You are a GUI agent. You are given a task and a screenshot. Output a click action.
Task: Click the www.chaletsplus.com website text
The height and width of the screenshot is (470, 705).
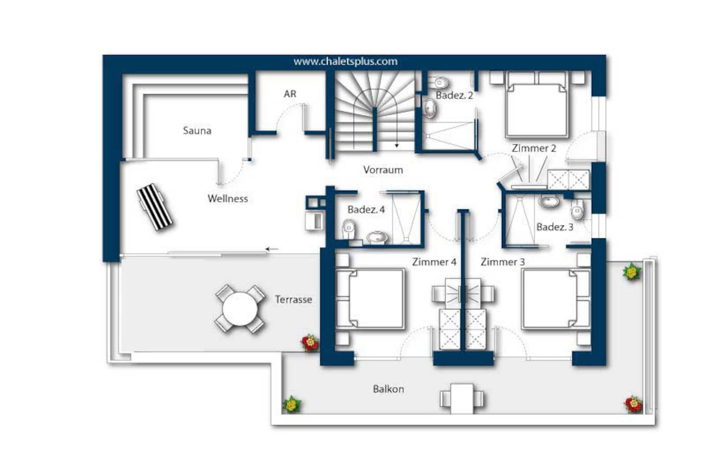[345, 62]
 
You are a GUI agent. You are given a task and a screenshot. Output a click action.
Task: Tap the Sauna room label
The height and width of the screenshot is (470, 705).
[197, 130]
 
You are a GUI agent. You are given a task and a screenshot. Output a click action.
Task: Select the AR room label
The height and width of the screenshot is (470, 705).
[290, 94]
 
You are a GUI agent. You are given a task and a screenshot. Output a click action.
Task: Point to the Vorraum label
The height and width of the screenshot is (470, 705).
[383, 170]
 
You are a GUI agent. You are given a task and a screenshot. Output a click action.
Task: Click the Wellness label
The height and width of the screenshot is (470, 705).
[228, 199]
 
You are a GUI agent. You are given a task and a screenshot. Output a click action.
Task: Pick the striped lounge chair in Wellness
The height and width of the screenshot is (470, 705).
[155, 207]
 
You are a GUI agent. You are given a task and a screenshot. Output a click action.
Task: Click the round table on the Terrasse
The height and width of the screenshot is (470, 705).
[240, 309]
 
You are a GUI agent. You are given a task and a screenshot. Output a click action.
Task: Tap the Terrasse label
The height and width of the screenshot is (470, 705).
[293, 300]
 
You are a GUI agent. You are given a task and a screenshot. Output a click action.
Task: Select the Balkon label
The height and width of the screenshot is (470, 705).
[388, 389]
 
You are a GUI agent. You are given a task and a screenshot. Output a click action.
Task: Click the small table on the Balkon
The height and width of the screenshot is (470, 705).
[462, 399]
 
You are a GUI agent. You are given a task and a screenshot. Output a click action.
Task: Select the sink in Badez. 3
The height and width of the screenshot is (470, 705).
[549, 201]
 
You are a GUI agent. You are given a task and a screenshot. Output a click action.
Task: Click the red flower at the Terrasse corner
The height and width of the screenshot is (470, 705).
[310, 343]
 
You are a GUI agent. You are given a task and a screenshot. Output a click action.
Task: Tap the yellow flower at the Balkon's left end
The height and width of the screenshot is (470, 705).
[292, 404]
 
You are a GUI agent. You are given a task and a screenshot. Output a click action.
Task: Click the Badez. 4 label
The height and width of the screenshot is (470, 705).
[366, 209]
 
